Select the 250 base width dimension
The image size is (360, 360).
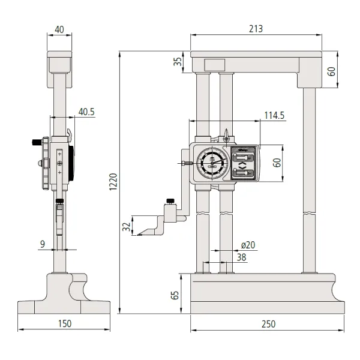268,324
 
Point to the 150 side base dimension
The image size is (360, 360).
64,323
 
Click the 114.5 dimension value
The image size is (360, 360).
274,115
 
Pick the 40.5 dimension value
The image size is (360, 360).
86,112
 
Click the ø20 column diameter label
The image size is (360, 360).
248,244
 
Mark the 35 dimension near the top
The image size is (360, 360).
177,62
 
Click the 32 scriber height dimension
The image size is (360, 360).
127,226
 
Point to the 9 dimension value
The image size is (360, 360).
43,244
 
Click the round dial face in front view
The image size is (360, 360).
212,163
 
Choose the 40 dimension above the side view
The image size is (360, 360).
59,29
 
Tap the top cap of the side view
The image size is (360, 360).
59,62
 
